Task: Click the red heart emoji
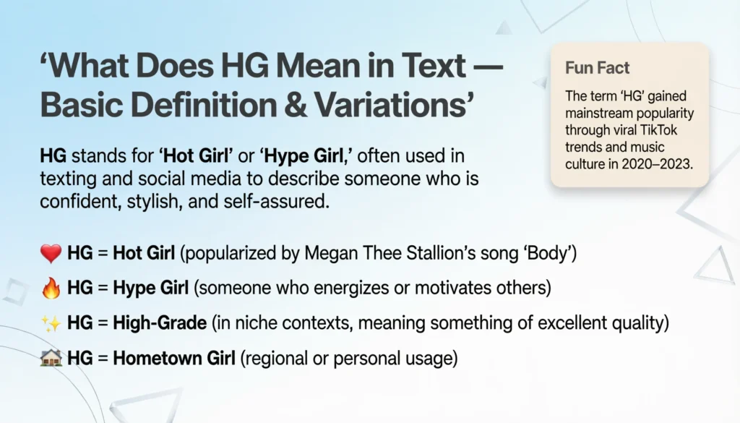pyautogui.click(x=51, y=254)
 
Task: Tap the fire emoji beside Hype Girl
pyautogui.click(x=51, y=289)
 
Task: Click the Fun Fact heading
pyautogui.click(x=597, y=69)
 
